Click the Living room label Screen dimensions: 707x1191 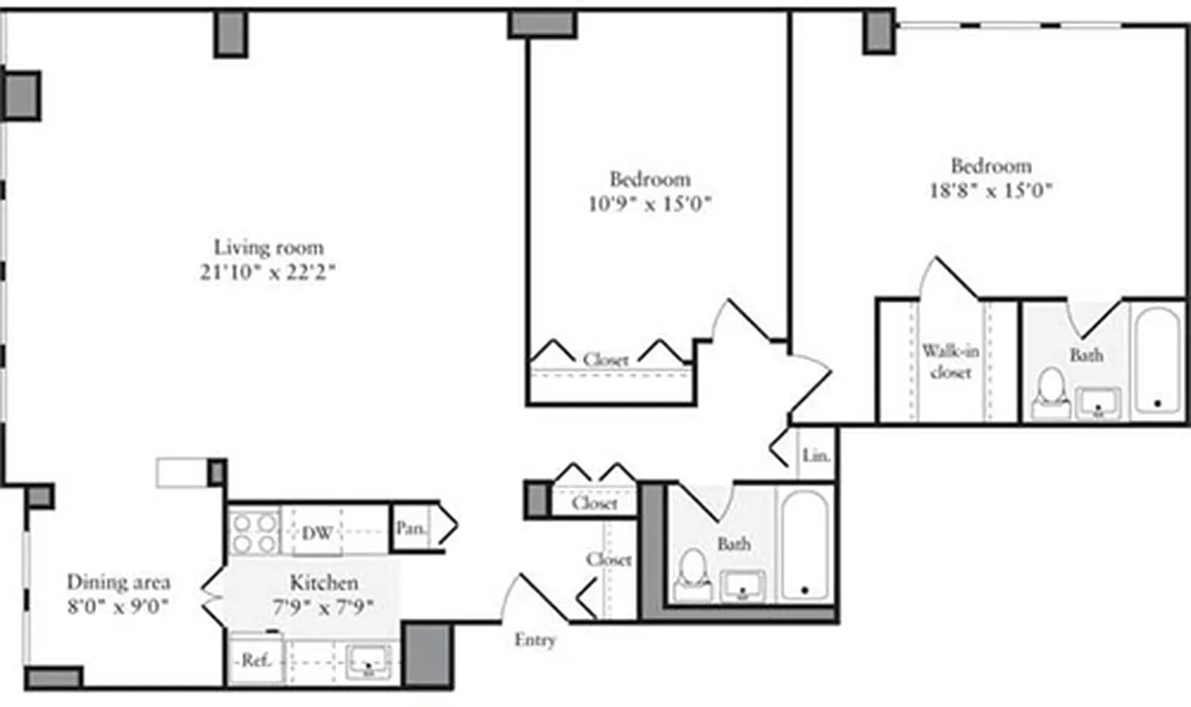[x=269, y=247]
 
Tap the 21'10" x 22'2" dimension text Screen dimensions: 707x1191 [x=269, y=272]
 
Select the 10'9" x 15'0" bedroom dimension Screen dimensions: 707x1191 [x=650, y=204]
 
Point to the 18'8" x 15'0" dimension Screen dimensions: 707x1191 [x=991, y=189]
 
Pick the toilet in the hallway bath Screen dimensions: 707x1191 [x=693, y=573]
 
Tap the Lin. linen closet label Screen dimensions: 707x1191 [x=816, y=457]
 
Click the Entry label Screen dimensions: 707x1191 [x=535, y=640]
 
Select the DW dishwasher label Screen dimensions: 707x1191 [x=317, y=533]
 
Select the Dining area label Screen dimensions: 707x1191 [x=119, y=582]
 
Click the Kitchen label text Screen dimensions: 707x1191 [x=324, y=582]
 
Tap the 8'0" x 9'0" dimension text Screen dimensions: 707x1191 [x=119, y=606]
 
